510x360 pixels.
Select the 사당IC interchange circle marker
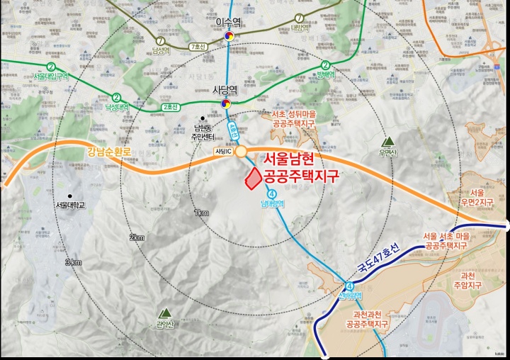241,151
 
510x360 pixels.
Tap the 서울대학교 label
69,205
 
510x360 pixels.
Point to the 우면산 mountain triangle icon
387,140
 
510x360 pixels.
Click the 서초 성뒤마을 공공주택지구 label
292,118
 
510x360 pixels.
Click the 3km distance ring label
73,262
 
